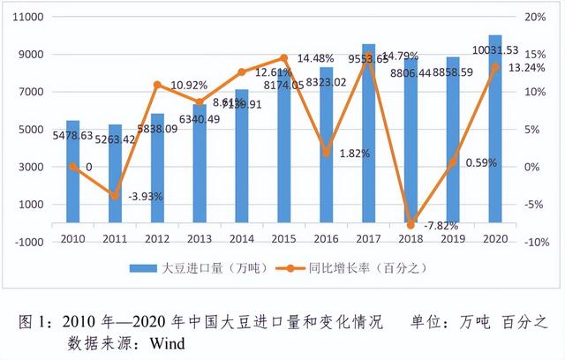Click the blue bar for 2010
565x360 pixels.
[72, 176]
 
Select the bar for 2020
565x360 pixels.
[495, 132]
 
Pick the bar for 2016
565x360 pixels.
[327, 150]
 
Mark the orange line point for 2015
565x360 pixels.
[284, 58]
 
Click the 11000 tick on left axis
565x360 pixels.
[30, 18]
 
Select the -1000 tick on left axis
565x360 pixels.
[30, 242]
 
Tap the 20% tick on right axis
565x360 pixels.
[536, 18]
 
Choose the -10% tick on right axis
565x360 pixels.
[534, 242]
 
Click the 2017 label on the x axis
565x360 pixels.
[368, 237]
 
